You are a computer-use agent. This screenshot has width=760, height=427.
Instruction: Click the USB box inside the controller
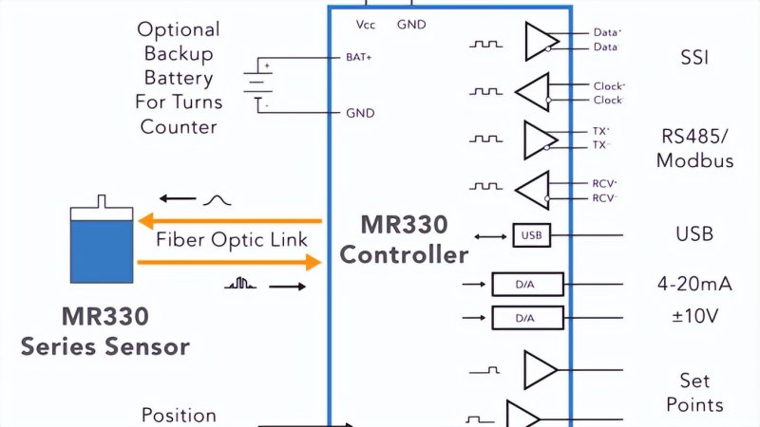point(531,234)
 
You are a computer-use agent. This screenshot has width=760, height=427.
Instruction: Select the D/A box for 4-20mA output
point(527,284)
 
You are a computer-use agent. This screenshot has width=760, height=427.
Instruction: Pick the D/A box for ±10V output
point(527,319)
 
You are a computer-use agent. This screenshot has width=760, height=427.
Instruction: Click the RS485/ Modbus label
point(695,148)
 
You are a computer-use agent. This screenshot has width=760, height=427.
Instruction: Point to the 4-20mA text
point(694,284)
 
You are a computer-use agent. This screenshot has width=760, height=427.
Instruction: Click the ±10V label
point(694,317)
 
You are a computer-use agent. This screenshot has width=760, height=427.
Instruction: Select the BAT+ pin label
point(358,57)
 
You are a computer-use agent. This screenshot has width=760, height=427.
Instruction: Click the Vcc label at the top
point(366,23)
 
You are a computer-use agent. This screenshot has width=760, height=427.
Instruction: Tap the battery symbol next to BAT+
point(255,84)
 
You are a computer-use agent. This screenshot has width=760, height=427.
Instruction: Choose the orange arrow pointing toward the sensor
point(228,222)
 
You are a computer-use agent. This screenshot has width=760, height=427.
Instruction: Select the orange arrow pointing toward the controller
point(228,262)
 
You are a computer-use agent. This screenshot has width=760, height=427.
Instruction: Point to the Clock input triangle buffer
point(532,92)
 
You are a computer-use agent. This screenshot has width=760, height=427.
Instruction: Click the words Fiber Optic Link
point(232,240)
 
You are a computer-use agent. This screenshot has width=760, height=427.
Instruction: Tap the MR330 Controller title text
point(404,241)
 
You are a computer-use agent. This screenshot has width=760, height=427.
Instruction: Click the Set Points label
point(694,393)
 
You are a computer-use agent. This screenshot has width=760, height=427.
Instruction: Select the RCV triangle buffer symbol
point(532,190)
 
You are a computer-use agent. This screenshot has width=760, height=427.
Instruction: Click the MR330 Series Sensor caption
point(104,331)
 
